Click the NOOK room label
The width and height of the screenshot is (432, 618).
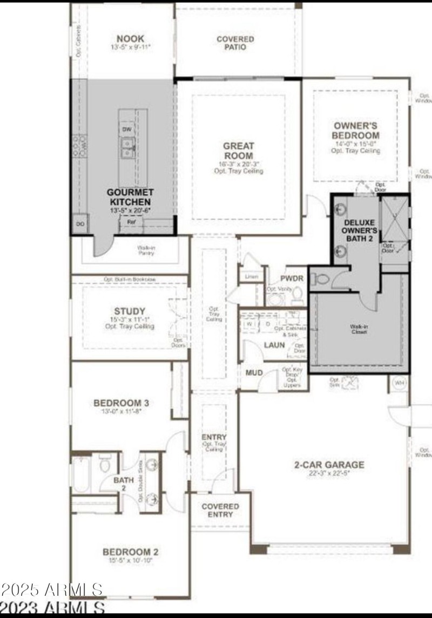[x=130, y=39]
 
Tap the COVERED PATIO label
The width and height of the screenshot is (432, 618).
[x=235, y=43]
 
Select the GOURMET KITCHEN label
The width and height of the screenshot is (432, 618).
[x=130, y=196]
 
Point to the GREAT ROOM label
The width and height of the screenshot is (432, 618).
[x=238, y=151]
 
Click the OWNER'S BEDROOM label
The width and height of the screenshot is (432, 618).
[x=355, y=130]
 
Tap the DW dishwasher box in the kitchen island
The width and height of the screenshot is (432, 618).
[x=126, y=130]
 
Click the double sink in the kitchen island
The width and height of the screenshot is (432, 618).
[x=127, y=145]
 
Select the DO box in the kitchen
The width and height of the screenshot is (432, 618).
[x=80, y=223]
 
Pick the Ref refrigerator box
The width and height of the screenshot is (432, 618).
[x=131, y=221]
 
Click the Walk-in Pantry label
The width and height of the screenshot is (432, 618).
[x=146, y=250]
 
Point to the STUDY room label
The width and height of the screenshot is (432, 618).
[x=130, y=311]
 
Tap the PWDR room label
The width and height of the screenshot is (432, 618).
[x=292, y=279]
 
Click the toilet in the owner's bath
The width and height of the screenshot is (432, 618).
[x=322, y=280]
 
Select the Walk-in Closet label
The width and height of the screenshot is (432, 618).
[x=359, y=329]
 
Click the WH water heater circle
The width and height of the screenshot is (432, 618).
[x=399, y=383]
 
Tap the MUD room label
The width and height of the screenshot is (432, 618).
[x=254, y=373]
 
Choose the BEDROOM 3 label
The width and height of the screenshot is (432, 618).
[x=121, y=403]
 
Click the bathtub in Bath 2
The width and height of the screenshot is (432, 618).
[x=82, y=474]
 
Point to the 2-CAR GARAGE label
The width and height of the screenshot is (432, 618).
[x=328, y=465]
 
